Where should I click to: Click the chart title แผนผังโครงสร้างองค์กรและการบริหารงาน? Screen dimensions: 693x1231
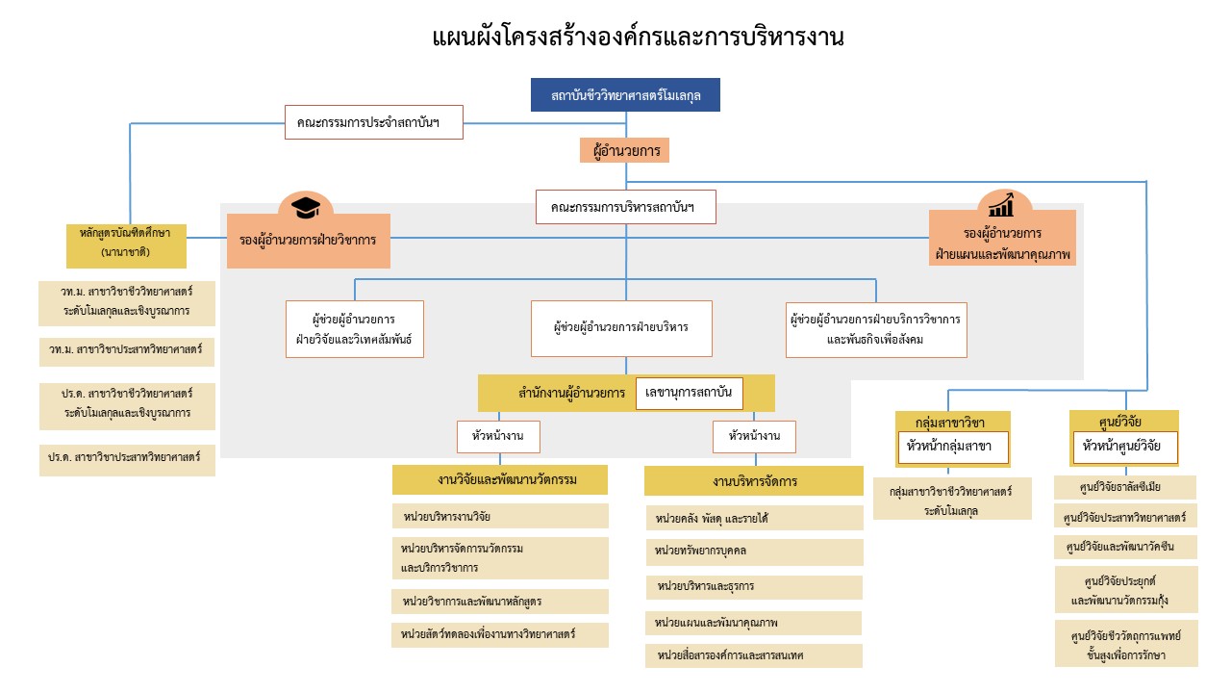(x=638, y=38)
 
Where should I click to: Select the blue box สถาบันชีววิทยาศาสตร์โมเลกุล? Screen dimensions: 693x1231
(x=625, y=95)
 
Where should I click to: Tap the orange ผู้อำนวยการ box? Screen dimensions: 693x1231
(x=624, y=151)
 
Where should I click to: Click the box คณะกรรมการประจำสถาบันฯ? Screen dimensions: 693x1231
(x=374, y=122)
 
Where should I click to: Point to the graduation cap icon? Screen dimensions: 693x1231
(x=306, y=207)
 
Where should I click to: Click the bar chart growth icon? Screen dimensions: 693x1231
(x=1001, y=205)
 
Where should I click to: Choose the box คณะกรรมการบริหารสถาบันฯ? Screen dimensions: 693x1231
(x=622, y=207)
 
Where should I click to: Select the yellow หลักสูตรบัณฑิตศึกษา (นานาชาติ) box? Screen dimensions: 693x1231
(x=126, y=245)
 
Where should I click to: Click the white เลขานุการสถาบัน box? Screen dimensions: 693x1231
(x=690, y=393)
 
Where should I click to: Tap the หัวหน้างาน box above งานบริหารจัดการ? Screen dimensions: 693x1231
(x=754, y=436)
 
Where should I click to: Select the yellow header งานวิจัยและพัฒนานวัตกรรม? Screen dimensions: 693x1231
(x=500, y=479)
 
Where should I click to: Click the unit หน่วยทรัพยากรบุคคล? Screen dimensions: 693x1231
(x=754, y=552)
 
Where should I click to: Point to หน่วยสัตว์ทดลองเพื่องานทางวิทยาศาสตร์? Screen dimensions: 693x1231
(x=500, y=634)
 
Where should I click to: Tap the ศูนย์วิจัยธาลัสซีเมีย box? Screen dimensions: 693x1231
(x=1125, y=487)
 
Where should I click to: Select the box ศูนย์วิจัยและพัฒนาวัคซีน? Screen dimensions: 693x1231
(x=1125, y=547)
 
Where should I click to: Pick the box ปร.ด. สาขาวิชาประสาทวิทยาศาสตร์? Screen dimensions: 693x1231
(x=127, y=459)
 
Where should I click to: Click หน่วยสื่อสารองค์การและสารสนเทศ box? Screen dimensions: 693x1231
(x=754, y=655)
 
